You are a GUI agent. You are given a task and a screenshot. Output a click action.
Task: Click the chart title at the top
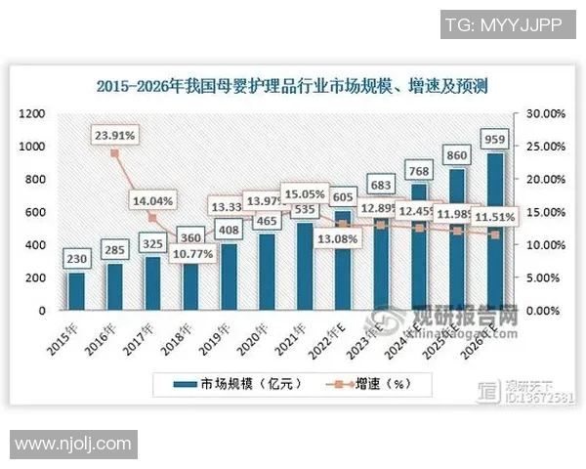point(293,86)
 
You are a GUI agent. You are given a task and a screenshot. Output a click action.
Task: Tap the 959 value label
point(494,139)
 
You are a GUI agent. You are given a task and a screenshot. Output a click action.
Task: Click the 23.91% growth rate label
point(115,134)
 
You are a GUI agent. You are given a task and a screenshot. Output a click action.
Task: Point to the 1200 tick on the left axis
point(33,113)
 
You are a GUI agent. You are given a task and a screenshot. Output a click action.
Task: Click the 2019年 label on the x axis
point(216,335)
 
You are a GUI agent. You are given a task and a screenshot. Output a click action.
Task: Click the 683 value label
point(380,185)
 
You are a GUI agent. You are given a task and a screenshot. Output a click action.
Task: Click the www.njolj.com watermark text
point(73,444)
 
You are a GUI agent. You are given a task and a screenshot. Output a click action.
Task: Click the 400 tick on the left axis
point(36,245)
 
